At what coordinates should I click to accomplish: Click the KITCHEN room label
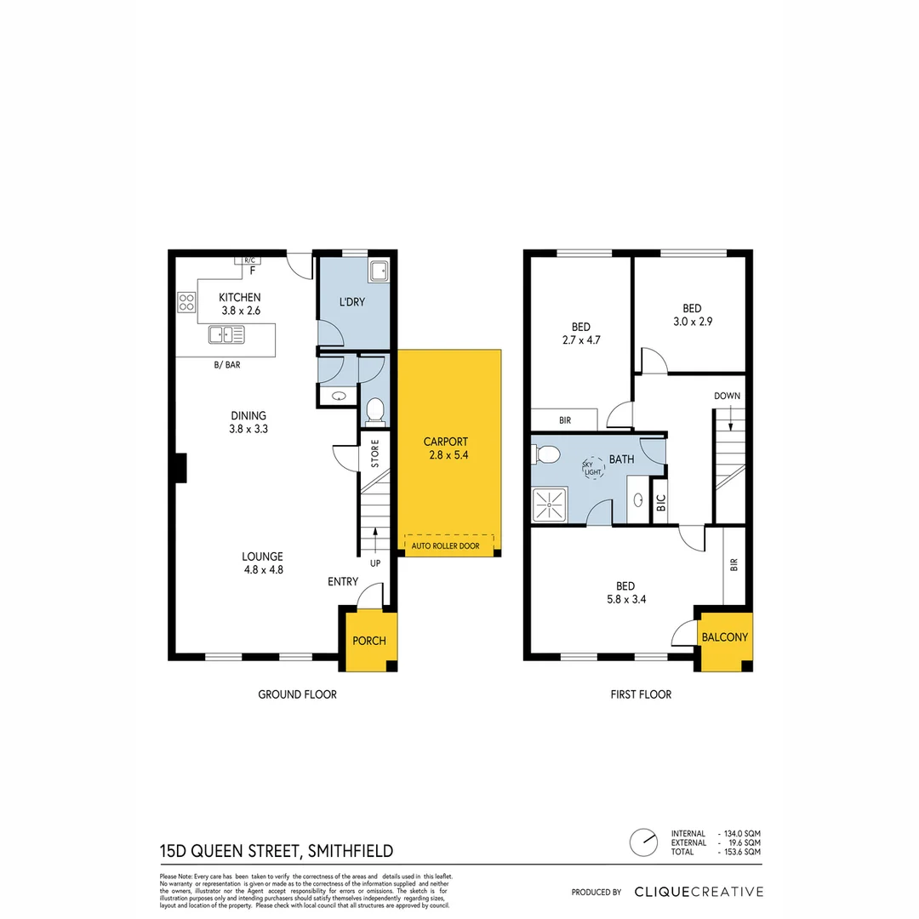(239, 297)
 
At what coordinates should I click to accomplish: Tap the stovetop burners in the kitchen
(186, 302)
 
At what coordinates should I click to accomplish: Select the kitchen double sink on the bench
(226, 335)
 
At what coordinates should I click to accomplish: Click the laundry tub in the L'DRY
(378, 271)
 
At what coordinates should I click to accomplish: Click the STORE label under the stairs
(374, 454)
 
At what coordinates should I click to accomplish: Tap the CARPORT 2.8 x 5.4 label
(446, 448)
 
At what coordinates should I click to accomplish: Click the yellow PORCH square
(369, 640)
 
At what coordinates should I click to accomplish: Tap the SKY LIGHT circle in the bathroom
(591, 467)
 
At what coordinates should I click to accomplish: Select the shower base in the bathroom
(550, 505)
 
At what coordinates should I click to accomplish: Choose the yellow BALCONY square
(725, 637)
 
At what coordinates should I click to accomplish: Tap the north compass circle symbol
(644, 842)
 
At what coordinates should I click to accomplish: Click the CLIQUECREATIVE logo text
(699, 892)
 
